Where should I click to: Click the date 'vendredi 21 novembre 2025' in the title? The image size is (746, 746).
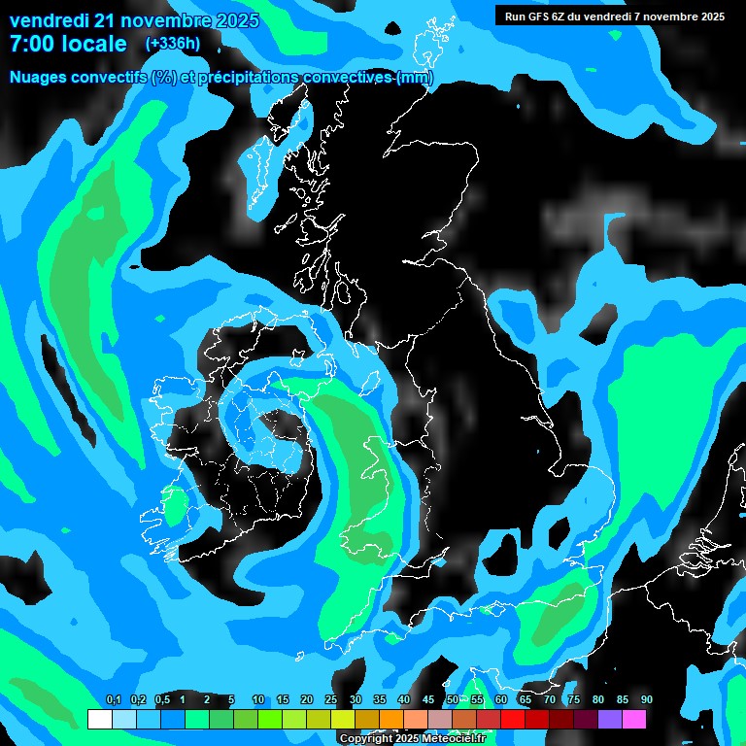tap(134, 20)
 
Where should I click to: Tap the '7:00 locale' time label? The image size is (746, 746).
tap(68, 44)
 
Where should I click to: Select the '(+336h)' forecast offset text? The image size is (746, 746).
tap(173, 44)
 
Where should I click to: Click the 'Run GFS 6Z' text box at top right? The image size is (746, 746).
tap(615, 17)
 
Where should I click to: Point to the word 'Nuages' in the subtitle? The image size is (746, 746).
tap(39, 78)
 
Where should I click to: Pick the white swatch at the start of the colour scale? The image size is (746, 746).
tap(99, 720)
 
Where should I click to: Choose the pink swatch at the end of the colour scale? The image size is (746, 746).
tap(633, 720)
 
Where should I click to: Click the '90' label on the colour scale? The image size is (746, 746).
tap(646, 700)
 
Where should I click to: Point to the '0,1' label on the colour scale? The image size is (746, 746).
tap(114, 700)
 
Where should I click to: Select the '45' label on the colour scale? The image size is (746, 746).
tap(428, 700)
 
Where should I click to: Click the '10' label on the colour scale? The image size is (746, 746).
tap(258, 700)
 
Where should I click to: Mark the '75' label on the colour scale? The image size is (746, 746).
tap(573, 700)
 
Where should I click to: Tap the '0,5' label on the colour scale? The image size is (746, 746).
tap(162, 700)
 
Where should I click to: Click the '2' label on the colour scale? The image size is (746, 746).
tap(207, 700)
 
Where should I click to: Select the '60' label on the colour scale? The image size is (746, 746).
tap(501, 700)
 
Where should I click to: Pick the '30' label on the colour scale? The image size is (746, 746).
tap(356, 700)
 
